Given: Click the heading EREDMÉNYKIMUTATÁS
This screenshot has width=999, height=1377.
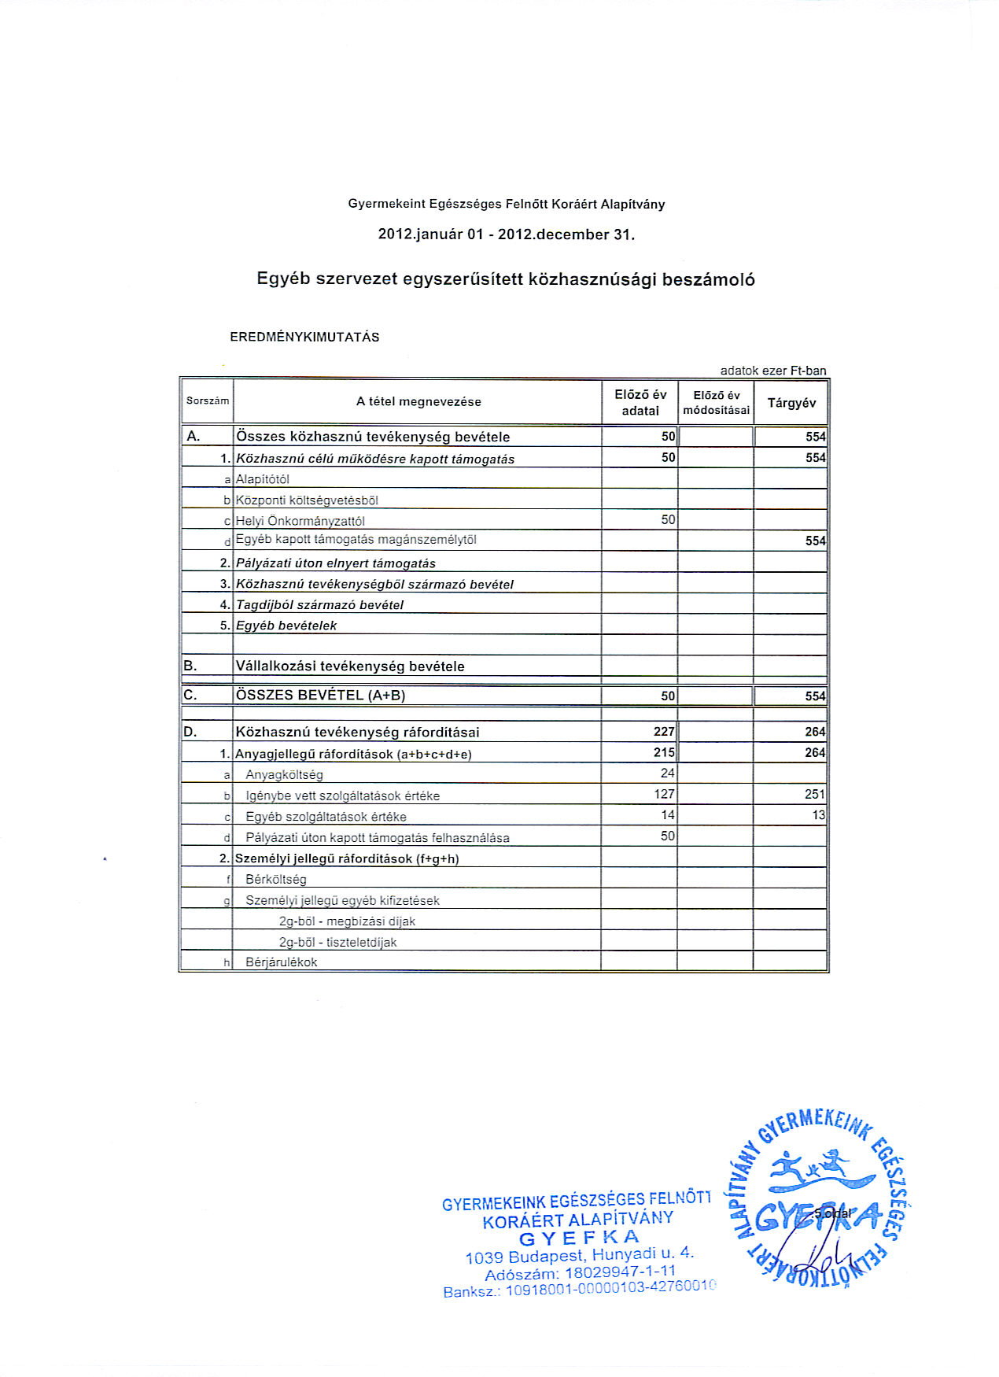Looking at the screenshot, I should click(304, 338).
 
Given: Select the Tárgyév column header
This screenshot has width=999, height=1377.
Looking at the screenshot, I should click(791, 403).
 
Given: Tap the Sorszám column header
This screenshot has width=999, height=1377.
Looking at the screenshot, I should click(208, 401).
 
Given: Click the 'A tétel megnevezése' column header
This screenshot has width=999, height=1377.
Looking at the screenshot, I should click(418, 402).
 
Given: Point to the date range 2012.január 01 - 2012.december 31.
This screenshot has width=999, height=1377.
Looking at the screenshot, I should click(506, 234).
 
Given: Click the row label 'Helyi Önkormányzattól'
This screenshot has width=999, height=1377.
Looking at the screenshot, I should click(300, 521).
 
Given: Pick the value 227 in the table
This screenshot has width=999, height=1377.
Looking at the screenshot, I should click(664, 732).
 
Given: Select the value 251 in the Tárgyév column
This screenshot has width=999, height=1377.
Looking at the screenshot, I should click(815, 795).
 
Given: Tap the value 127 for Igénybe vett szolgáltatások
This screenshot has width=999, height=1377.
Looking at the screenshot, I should click(664, 795).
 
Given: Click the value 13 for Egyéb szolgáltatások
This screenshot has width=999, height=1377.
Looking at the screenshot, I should click(818, 815).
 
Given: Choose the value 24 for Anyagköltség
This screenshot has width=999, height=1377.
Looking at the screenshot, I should click(667, 773).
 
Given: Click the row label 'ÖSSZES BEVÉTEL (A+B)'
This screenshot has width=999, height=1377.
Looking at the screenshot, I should click(321, 696).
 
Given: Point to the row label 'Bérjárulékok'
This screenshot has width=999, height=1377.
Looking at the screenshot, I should click(282, 962).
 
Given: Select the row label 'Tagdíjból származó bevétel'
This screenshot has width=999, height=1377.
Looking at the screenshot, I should click(319, 605).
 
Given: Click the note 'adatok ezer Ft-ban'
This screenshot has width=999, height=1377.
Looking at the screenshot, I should click(773, 371).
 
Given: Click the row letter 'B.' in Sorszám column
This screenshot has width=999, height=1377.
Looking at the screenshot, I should click(190, 666).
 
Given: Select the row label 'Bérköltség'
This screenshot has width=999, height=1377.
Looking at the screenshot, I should click(276, 880).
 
